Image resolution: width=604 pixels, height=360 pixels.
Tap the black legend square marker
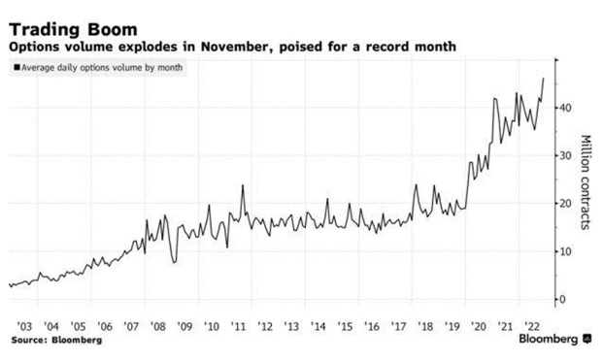15,68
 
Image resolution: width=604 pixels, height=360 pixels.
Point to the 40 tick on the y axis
561,108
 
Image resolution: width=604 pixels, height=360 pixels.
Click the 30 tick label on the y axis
561,155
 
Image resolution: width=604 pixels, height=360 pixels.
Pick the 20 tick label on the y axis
561,203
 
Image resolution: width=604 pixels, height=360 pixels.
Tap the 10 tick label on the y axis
561,251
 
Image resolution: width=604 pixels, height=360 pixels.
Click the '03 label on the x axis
26,325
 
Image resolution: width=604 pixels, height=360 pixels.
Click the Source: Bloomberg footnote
56,342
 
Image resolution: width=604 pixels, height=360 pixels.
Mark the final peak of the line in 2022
543,78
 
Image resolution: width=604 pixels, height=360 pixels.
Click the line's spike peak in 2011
243,185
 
